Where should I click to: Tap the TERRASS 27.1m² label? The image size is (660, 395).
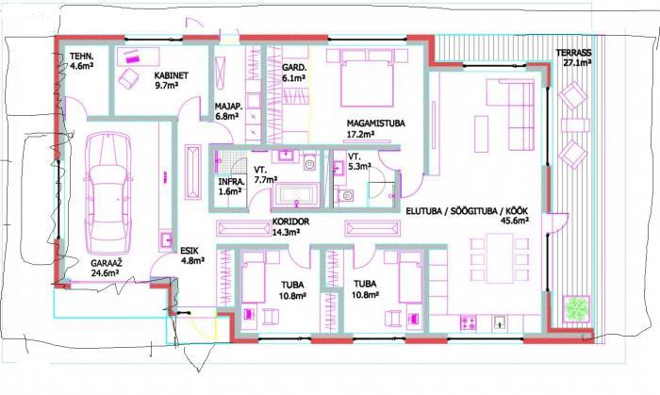click(x=573, y=58)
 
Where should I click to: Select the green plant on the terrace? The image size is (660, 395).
click(x=576, y=309)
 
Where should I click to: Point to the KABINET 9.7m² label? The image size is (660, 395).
click(x=172, y=80)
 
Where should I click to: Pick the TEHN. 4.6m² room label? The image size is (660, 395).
click(x=81, y=60)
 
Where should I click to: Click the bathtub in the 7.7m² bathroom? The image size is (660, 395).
click(x=296, y=195)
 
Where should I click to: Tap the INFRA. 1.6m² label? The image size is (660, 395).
click(x=231, y=187)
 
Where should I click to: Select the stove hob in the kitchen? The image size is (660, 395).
click(x=468, y=322)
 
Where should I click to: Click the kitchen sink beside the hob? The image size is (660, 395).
click(x=500, y=322)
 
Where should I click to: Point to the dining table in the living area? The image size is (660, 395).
click(x=500, y=257)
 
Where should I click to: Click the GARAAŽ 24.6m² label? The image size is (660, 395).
click(x=106, y=268)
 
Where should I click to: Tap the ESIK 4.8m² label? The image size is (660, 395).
click(x=192, y=255)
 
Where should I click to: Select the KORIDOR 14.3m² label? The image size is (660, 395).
click(x=290, y=226)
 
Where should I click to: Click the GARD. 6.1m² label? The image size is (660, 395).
click(x=294, y=73)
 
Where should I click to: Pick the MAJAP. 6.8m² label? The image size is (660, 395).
click(x=227, y=111)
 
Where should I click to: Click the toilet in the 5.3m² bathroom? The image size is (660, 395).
click(x=346, y=195)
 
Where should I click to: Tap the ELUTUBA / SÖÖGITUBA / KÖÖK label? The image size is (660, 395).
click(x=467, y=211)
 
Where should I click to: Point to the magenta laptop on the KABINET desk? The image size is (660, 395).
click(x=134, y=58)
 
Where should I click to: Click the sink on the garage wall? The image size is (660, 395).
click(x=166, y=239)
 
